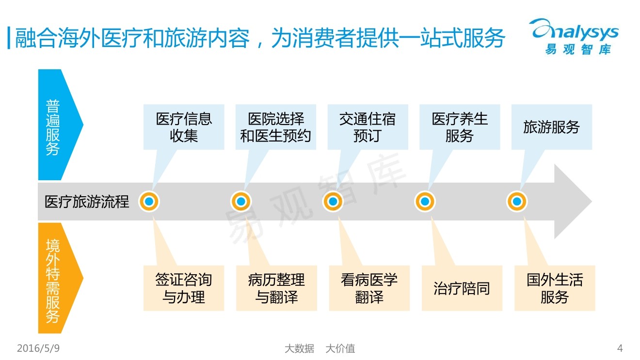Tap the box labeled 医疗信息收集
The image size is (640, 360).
(184, 127)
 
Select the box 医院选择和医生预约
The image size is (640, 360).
(275, 127)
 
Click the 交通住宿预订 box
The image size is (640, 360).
(368, 127)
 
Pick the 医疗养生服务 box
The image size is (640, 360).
(459, 127)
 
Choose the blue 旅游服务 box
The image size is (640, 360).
(551, 127)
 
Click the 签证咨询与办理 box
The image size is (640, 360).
(184, 288)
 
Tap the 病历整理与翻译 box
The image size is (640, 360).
(276, 288)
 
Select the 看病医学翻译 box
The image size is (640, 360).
(369, 288)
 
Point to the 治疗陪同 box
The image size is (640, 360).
(462, 288)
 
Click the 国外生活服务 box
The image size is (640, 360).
(554, 288)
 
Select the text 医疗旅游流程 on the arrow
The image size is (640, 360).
(87, 202)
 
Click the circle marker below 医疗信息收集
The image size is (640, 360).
(149, 202)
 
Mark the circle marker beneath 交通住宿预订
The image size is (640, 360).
(333, 202)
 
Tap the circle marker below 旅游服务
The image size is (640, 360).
(517, 202)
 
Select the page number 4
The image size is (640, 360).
(620, 348)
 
